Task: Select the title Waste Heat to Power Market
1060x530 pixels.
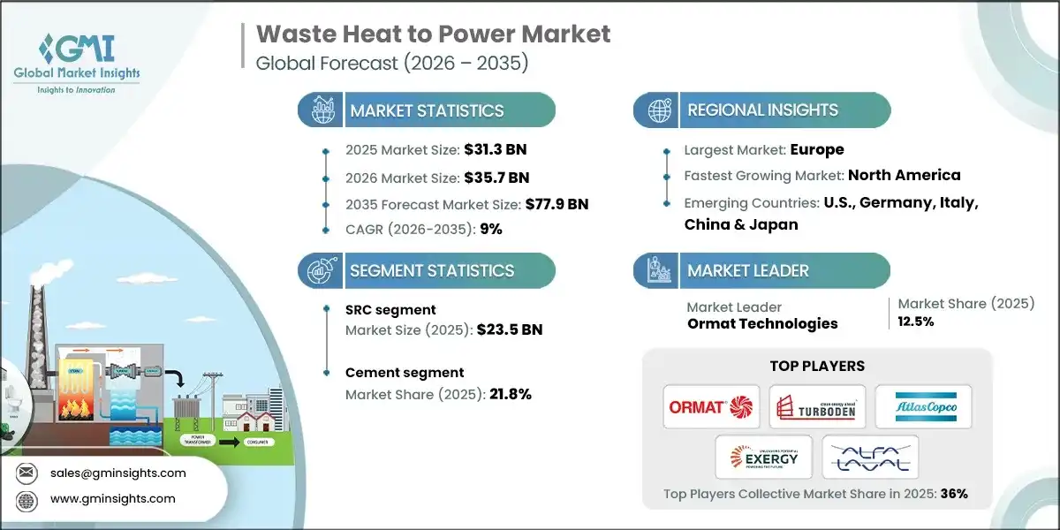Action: tap(433, 34)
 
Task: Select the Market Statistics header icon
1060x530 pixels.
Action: tap(320, 110)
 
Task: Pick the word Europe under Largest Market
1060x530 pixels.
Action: tap(816, 149)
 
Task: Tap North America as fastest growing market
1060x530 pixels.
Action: tap(904, 175)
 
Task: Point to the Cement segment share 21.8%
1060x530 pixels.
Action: tap(511, 394)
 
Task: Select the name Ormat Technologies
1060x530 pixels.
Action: tap(762, 323)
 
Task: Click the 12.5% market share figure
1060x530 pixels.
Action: tap(916, 322)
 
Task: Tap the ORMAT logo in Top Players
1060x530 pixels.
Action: tap(712, 407)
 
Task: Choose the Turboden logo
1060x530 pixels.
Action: tap(817, 407)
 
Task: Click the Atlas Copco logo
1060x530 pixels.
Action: tap(922, 407)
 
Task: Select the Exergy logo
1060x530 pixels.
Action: tap(765, 457)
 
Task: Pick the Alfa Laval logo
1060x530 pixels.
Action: tap(870, 457)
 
